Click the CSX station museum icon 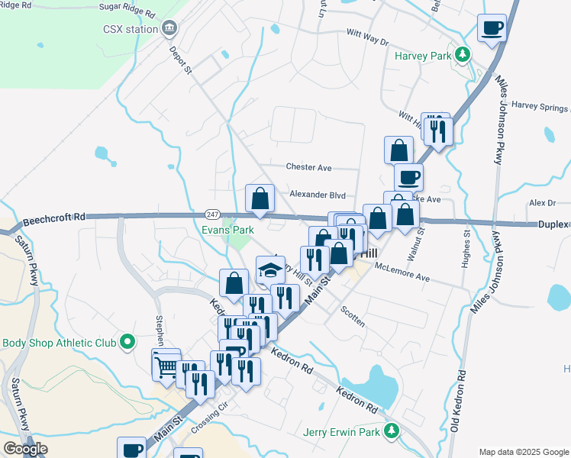point(169,29)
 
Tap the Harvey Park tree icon point(462,55)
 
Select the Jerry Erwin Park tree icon point(392,432)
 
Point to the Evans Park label point(227,230)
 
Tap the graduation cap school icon point(269,269)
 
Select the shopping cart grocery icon point(166,366)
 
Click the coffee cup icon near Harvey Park point(492,29)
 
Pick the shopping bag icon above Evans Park point(260,198)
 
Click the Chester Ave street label point(308,167)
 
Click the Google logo point(25,449)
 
